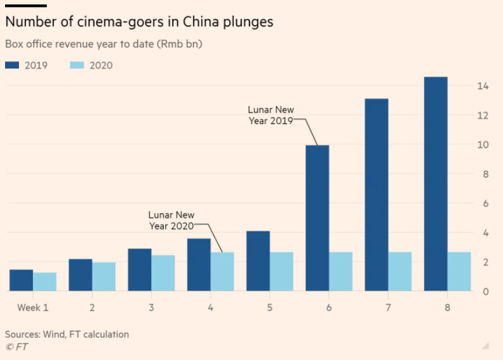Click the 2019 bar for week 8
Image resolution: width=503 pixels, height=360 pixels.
tap(435, 184)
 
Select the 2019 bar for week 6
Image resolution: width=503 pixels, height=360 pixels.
tap(317, 218)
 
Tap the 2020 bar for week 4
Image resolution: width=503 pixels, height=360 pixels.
tap(222, 271)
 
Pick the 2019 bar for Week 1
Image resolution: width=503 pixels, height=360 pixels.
tap(22, 280)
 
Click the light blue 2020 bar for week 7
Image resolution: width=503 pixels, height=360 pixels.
tap(400, 271)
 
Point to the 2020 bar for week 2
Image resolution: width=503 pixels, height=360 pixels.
tap(104, 276)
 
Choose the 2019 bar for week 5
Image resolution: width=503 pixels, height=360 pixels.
tap(258, 261)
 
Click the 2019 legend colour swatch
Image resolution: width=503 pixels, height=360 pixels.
tap(13, 65)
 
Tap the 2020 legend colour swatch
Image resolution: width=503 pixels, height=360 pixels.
tap(75, 65)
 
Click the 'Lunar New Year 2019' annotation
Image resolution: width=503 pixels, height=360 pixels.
tap(271, 115)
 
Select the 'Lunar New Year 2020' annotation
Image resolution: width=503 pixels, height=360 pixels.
tap(171, 220)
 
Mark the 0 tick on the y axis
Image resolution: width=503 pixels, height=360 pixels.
tap(484, 292)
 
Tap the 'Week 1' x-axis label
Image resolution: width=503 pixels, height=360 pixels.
tap(32, 307)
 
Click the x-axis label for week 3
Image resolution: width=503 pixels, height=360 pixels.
tap(151, 307)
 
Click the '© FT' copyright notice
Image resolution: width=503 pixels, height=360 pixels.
tap(16, 347)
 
